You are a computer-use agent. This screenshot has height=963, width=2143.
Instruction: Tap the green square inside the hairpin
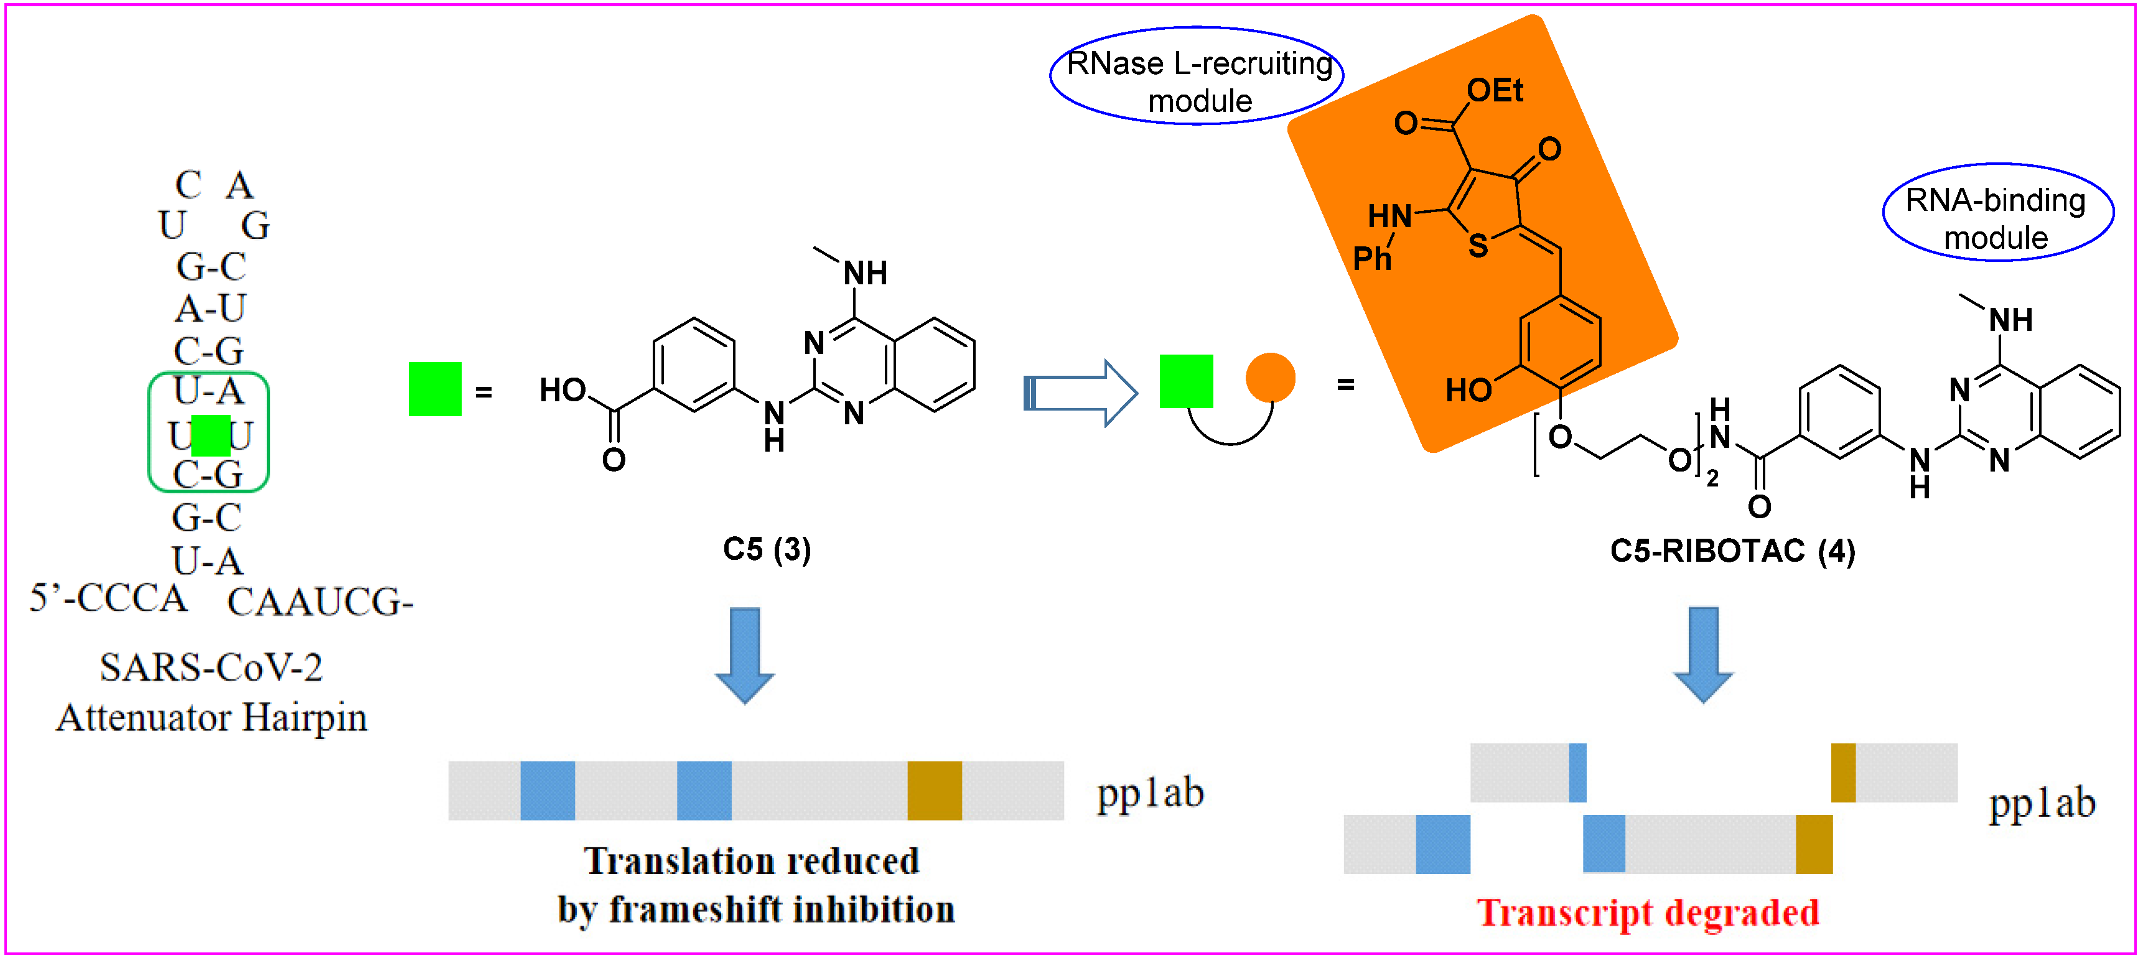pyautogui.click(x=210, y=435)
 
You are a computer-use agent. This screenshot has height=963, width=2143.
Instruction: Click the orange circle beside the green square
pyautogui.click(x=1269, y=378)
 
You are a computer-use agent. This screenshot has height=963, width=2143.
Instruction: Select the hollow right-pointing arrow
pyautogui.click(x=1080, y=393)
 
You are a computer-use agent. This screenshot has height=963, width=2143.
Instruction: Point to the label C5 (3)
pyautogui.click(x=766, y=550)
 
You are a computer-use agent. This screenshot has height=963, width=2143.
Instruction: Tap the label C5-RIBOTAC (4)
pyautogui.click(x=1732, y=551)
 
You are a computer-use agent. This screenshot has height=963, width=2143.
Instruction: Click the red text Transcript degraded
pyautogui.click(x=1647, y=913)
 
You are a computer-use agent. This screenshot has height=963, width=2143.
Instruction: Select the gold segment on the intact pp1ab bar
pyautogui.click(x=933, y=790)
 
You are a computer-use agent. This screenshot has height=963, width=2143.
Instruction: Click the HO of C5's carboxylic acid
pyautogui.click(x=563, y=389)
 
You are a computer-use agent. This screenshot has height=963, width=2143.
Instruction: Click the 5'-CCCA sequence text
pyautogui.click(x=108, y=598)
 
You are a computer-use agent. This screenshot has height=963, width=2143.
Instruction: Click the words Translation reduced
pyautogui.click(x=751, y=862)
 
